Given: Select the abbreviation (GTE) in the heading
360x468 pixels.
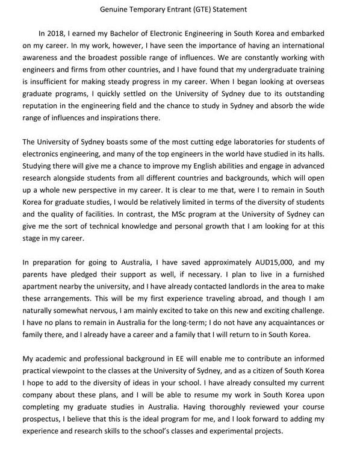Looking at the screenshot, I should (208, 9).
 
